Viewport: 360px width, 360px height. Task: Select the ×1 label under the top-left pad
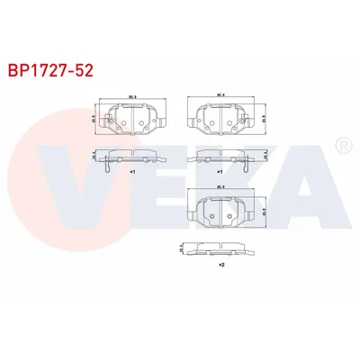coord(132,170)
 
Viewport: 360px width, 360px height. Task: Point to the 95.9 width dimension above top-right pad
coord(220,96)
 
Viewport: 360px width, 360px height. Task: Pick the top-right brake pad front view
coord(220,120)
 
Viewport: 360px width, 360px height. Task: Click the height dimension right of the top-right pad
coord(263,118)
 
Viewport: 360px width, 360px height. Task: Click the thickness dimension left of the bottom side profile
coord(181,245)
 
